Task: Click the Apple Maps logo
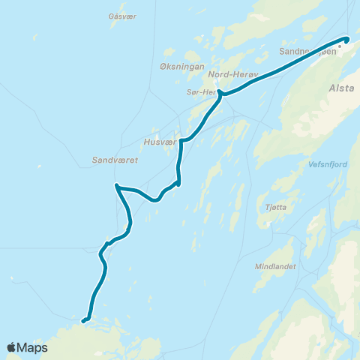tap(27, 347)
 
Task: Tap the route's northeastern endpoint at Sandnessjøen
tap(346, 39)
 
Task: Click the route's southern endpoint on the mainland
tap(82, 322)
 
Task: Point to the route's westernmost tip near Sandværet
tap(116, 185)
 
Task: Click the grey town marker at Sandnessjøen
tap(339, 45)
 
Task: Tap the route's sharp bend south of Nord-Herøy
tap(219, 92)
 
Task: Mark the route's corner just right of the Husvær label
tap(181, 139)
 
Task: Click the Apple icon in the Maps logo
tap(11, 346)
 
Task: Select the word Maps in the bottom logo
tap(33, 347)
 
